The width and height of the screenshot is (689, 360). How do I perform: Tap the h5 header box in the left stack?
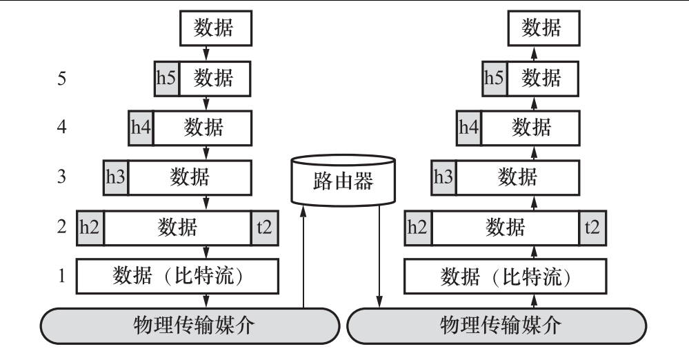[x=166, y=78]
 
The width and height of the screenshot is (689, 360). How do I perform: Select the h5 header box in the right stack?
[x=495, y=78]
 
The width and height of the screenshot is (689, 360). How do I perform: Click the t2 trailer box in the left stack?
[x=265, y=226]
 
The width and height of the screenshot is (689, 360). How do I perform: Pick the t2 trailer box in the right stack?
[x=592, y=226]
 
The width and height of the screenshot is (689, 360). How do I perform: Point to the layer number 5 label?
[x=62, y=78]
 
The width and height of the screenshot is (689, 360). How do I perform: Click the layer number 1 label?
[x=62, y=277]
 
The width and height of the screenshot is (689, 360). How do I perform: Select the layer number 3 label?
[x=62, y=177]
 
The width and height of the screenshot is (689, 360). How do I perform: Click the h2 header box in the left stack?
[x=90, y=226]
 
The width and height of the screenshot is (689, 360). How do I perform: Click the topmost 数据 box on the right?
[x=541, y=28]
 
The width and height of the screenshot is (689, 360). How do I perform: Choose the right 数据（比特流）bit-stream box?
[x=505, y=276]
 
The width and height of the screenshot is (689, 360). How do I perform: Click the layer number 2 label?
[x=62, y=227]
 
